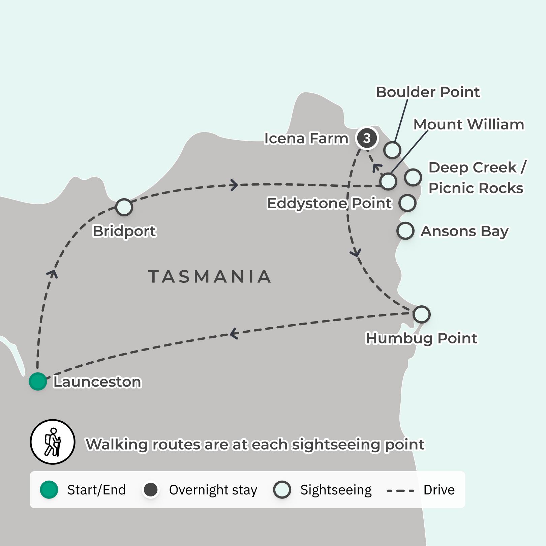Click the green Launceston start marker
click(38, 381)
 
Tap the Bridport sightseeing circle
click(124, 207)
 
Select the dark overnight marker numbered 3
click(367, 138)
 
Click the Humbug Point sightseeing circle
click(421, 314)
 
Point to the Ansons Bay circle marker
click(405, 231)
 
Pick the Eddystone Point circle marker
click(407, 203)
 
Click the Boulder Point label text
click(427, 92)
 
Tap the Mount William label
click(468, 124)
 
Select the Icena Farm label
click(306, 138)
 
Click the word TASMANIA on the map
click(210, 277)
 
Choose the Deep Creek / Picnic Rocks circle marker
click(413, 177)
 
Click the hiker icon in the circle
click(53, 442)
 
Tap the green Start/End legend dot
click(49, 490)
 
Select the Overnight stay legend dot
click(151, 490)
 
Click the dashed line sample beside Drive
click(400, 490)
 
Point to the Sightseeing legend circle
click(282, 490)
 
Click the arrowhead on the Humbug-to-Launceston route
click(234, 334)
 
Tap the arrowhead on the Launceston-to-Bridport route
click(52, 274)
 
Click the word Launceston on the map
click(97, 382)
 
